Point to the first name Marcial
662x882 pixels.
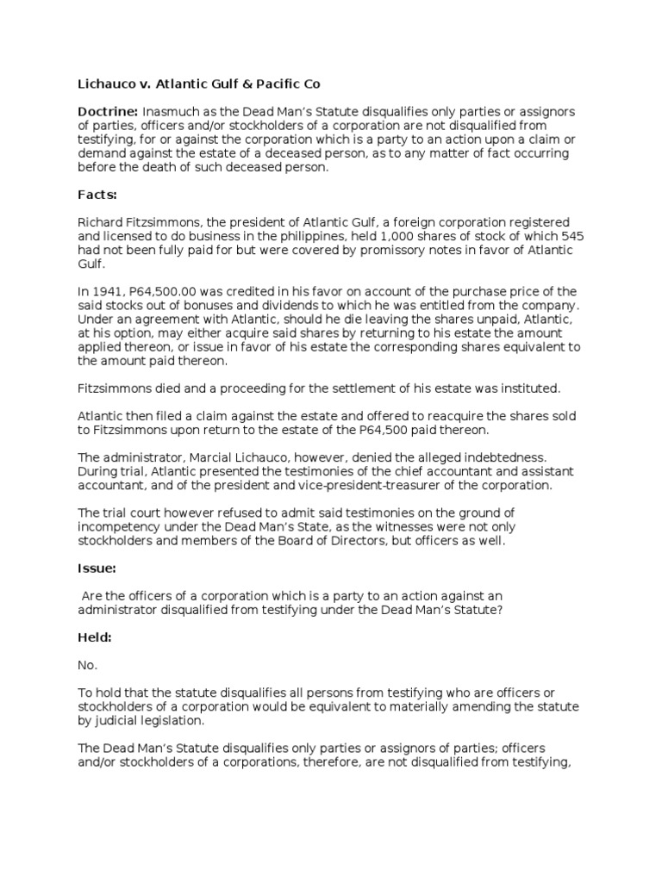click(204, 457)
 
